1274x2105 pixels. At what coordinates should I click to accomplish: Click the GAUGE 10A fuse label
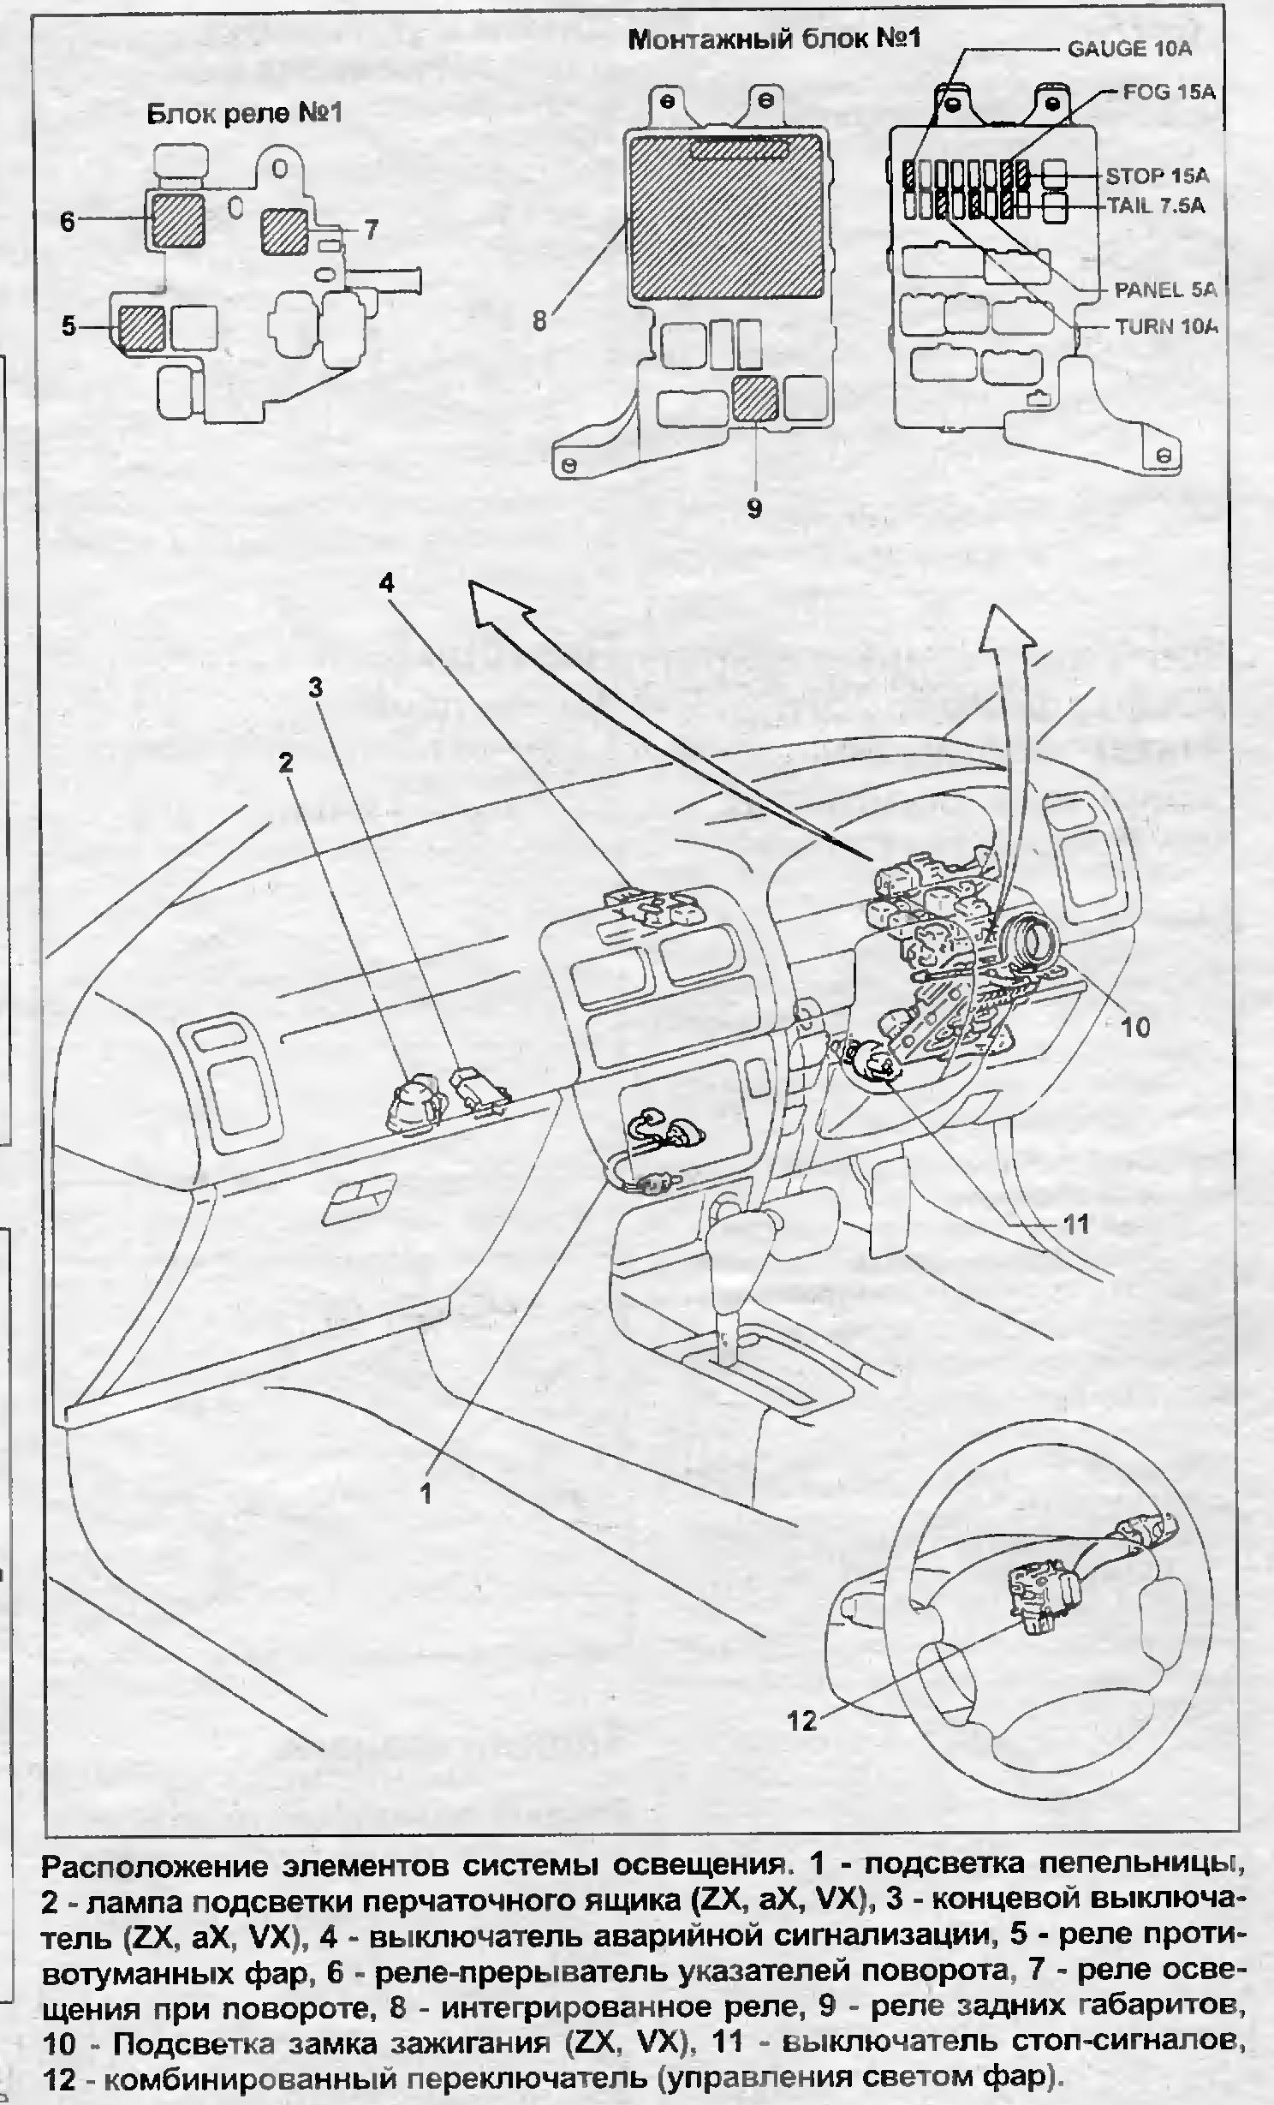(1128, 48)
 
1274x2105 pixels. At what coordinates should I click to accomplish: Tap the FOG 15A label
(1169, 92)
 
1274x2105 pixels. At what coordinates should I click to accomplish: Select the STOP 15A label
(1156, 176)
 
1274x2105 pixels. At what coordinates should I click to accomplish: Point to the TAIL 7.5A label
(1156, 206)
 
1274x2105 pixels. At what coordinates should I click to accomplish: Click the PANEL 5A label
(1164, 289)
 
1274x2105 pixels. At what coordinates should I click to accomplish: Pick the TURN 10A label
(1166, 326)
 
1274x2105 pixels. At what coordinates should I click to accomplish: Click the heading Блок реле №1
(245, 113)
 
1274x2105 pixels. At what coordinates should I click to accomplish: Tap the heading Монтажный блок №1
(774, 39)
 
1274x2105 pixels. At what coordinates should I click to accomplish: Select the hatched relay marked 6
(177, 219)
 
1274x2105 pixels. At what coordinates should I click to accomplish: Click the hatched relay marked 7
(285, 231)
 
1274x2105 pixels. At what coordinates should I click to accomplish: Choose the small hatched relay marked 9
(755, 399)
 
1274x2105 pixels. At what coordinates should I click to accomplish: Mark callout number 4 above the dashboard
(387, 583)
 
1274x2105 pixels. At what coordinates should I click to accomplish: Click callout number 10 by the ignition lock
(1135, 1027)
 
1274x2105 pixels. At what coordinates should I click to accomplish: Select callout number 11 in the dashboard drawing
(1075, 1225)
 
